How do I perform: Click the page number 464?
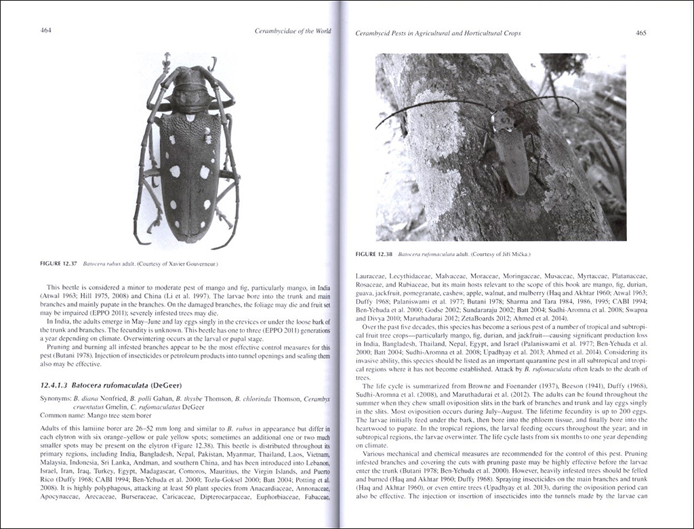(x=46, y=30)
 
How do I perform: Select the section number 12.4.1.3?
(x=54, y=384)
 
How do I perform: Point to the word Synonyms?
(x=56, y=399)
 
